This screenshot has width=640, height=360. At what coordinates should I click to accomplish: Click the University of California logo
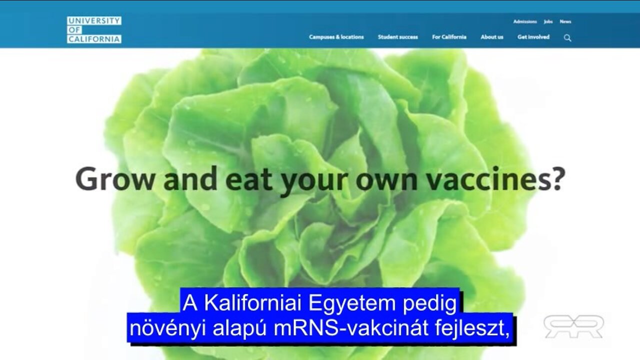[94, 30]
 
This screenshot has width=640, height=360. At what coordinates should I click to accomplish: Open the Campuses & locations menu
[336, 37]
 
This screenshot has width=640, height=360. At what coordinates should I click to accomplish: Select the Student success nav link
[398, 37]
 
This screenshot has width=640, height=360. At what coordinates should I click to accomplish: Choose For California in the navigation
[449, 37]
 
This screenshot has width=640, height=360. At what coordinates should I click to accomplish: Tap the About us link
[492, 37]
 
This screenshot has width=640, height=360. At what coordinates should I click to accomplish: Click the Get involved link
[533, 37]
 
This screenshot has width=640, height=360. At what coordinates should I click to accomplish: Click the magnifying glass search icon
[567, 37]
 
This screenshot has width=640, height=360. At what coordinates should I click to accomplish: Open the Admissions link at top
[525, 21]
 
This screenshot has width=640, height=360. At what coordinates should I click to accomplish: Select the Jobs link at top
[548, 21]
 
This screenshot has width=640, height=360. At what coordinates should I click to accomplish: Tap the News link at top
[565, 21]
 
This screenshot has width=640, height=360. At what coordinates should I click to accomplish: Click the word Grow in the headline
[115, 179]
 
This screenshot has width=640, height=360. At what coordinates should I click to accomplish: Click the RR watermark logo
[573, 326]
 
